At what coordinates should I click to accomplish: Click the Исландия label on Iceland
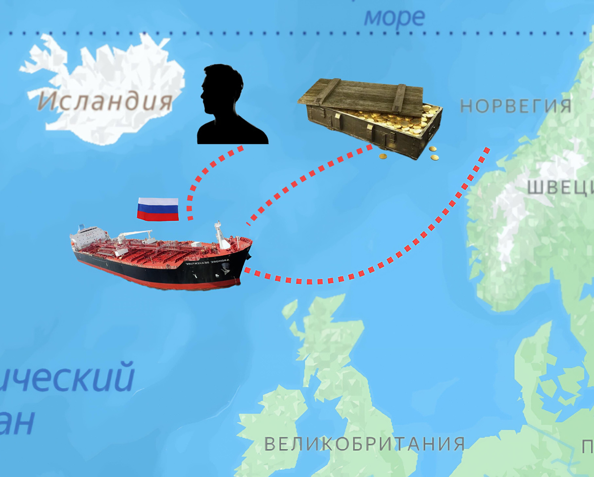click(x=105, y=101)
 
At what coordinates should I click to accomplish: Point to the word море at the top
click(x=395, y=17)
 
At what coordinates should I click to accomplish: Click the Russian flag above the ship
click(x=158, y=209)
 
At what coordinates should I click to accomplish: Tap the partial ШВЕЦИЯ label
click(x=559, y=188)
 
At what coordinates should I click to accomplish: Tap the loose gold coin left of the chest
click(x=383, y=156)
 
